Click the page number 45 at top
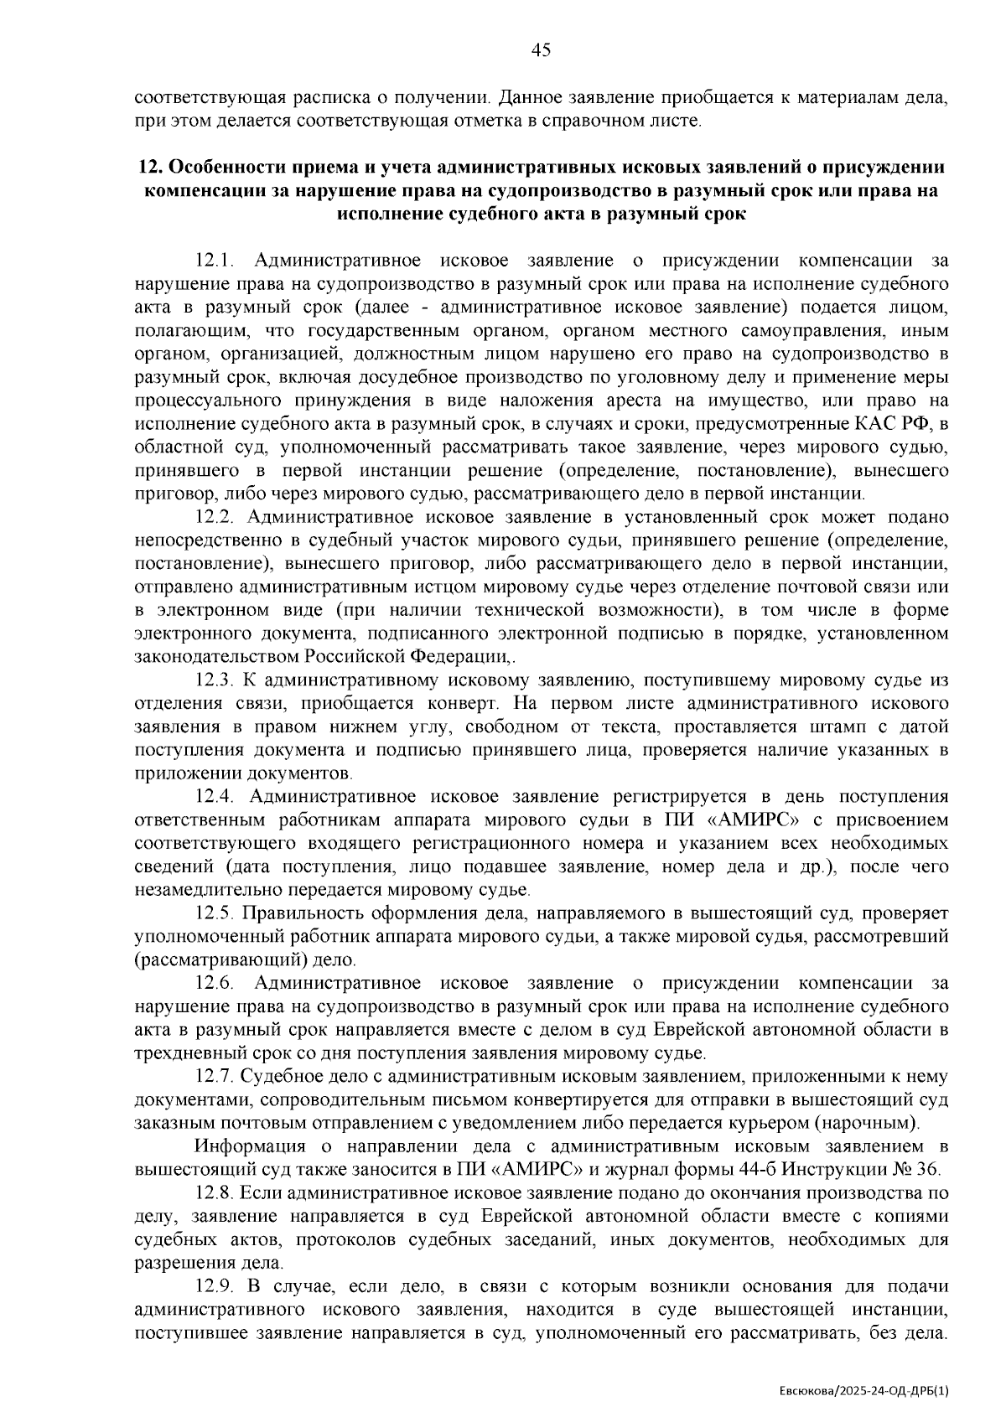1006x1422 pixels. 541,50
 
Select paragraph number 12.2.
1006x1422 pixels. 215,516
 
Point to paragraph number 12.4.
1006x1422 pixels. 215,795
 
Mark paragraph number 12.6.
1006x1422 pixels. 215,981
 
